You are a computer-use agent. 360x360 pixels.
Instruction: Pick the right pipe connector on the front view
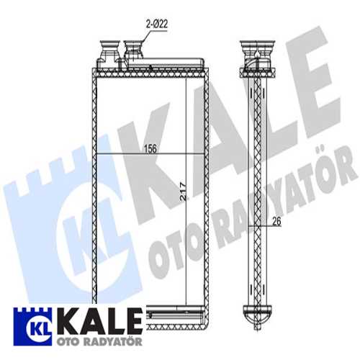[133, 51]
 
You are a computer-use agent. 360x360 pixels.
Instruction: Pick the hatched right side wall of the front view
[207, 180]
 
